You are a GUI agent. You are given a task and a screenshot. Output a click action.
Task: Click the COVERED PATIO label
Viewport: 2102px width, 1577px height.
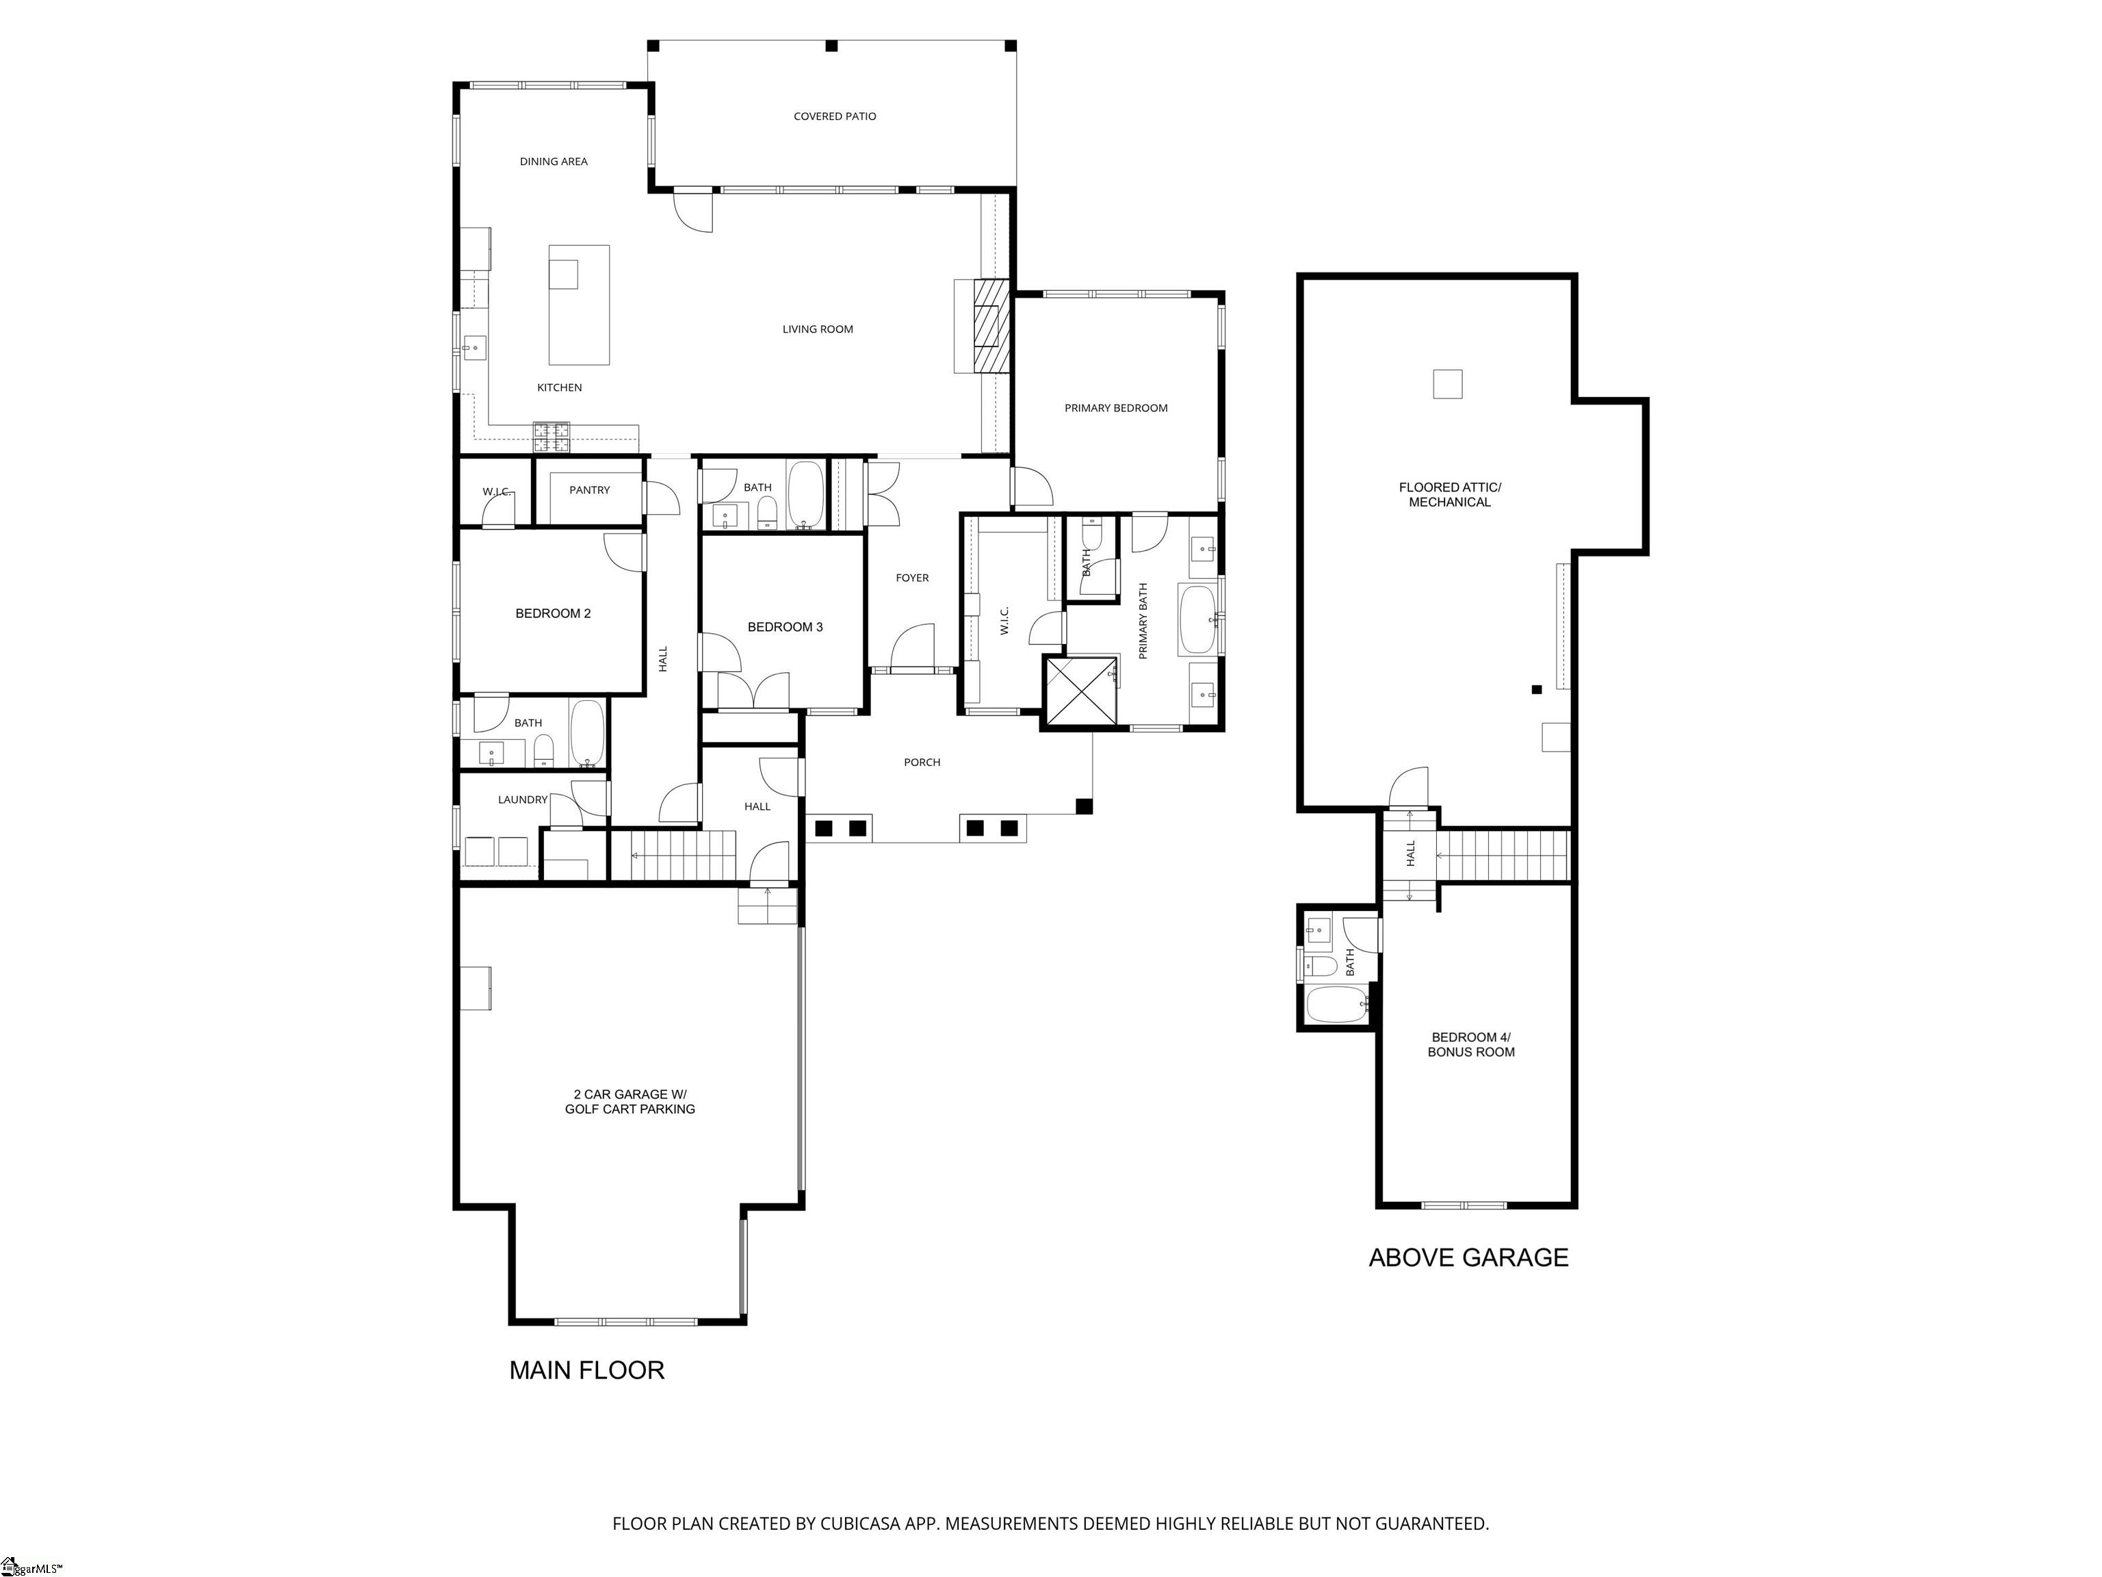(x=834, y=116)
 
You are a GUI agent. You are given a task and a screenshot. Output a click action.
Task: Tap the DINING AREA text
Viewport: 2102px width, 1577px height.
(x=553, y=162)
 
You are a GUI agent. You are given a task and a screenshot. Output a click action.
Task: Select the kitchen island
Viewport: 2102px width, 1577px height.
(x=579, y=305)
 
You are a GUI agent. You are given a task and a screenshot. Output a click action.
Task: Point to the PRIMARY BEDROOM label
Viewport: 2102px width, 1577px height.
(x=1115, y=408)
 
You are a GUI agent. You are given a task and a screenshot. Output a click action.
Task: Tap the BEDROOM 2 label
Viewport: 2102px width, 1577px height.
(x=553, y=613)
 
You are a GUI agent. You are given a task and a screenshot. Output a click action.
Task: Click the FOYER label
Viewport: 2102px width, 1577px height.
(x=912, y=578)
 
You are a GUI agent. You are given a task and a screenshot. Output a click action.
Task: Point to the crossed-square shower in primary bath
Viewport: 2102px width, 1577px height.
(x=1080, y=692)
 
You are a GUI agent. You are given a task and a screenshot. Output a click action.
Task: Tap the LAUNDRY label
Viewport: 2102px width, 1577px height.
(x=523, y=799)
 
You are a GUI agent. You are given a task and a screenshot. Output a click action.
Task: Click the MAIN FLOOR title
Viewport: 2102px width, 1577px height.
(x=586, y=1370)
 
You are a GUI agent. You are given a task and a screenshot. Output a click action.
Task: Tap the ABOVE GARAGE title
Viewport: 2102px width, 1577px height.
(x=1468, y=1257)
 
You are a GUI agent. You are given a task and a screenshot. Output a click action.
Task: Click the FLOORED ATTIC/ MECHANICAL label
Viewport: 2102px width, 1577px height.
(x=1449, y=494)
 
